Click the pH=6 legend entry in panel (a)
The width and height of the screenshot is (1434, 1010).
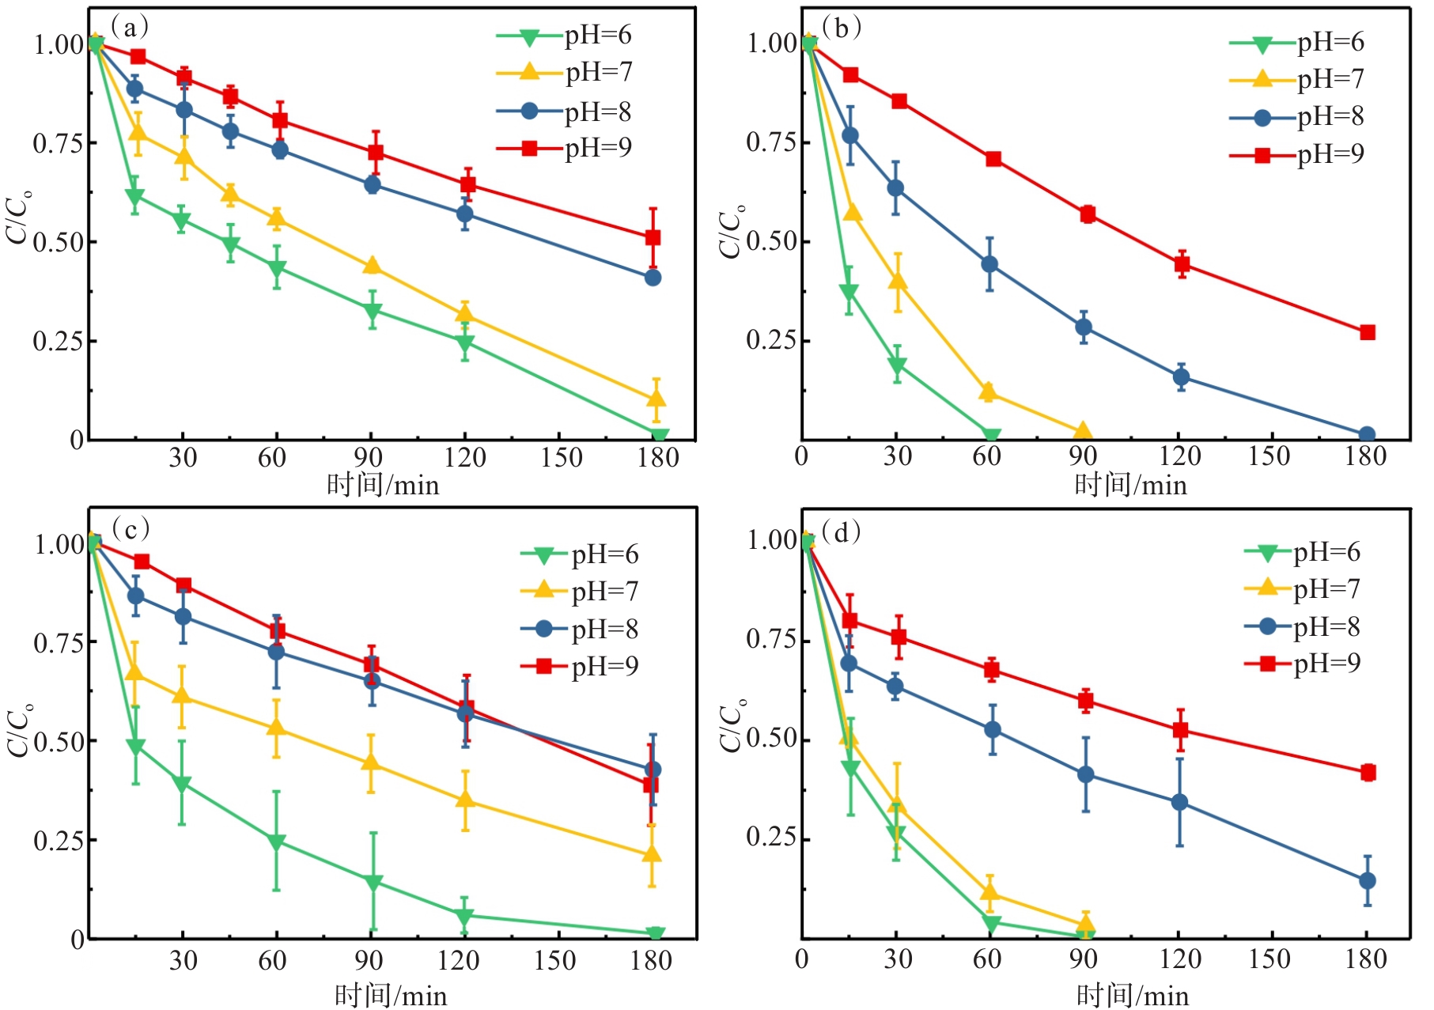[565, 36]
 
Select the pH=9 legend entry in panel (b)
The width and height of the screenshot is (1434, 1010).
[1297, 154]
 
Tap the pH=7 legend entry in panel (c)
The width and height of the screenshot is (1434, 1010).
[580, 591]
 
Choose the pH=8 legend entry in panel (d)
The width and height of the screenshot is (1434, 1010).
[1302, 627]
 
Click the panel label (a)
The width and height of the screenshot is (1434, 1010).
[130, 28]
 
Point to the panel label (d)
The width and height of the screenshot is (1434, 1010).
[841, 532]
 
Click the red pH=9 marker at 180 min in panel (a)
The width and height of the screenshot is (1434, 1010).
[653, 237]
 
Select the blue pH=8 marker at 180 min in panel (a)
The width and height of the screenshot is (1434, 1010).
[653, 278]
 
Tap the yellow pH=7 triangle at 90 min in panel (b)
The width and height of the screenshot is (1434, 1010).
[1083, 432]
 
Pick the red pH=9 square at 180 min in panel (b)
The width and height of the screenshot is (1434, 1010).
[1368, 332]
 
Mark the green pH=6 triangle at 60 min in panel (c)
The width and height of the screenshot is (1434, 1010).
[276, 842]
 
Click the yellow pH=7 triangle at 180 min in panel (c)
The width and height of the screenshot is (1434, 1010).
[653, 854]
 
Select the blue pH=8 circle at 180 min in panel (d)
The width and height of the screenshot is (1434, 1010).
[1368, 880]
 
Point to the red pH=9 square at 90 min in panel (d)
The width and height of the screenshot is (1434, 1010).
[1086, 700]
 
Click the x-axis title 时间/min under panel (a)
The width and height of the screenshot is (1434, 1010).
[383, 484]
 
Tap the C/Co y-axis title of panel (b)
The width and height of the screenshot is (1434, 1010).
[731, 231]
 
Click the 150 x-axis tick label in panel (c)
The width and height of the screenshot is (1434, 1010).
[554, 960]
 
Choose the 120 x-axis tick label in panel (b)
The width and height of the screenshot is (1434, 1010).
[1179, 456]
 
